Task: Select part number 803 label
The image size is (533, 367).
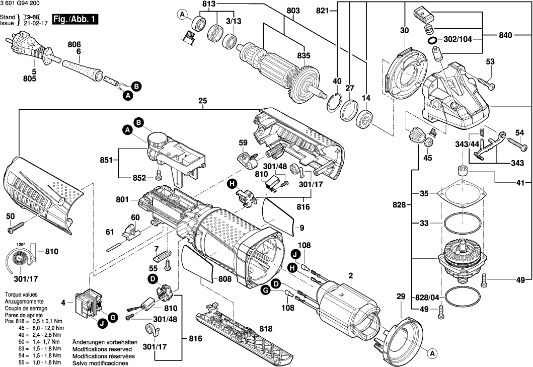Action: [293, 11]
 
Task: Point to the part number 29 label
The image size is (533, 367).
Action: [401, 298]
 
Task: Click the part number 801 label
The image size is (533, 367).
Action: [123, 200]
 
